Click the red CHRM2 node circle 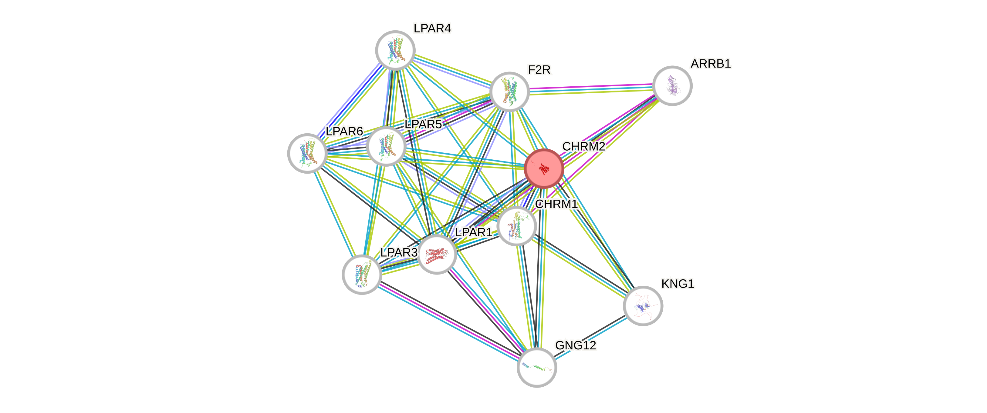(x=543, y=168)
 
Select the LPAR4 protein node (x=395, y=50)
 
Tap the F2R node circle (x=510, y=92)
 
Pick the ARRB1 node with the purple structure (x=672, y=86)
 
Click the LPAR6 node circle (x=307, y=153)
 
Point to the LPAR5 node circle (x=386, y=146)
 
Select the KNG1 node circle (x=643, y=306)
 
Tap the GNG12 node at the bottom (x=536, y=368)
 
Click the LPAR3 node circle (x=361, y=275)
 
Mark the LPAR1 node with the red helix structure (x=436, y=255)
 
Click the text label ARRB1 (x=711, y=64)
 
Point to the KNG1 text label (x=678, y=284)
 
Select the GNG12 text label (x=576, y=345)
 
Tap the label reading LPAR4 (x=432, y=28)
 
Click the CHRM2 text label (x=583, y=146)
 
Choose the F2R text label (x=539, y=70)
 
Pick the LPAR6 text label (x=344, y=131)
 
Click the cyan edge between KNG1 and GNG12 (x=590, y=337)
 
